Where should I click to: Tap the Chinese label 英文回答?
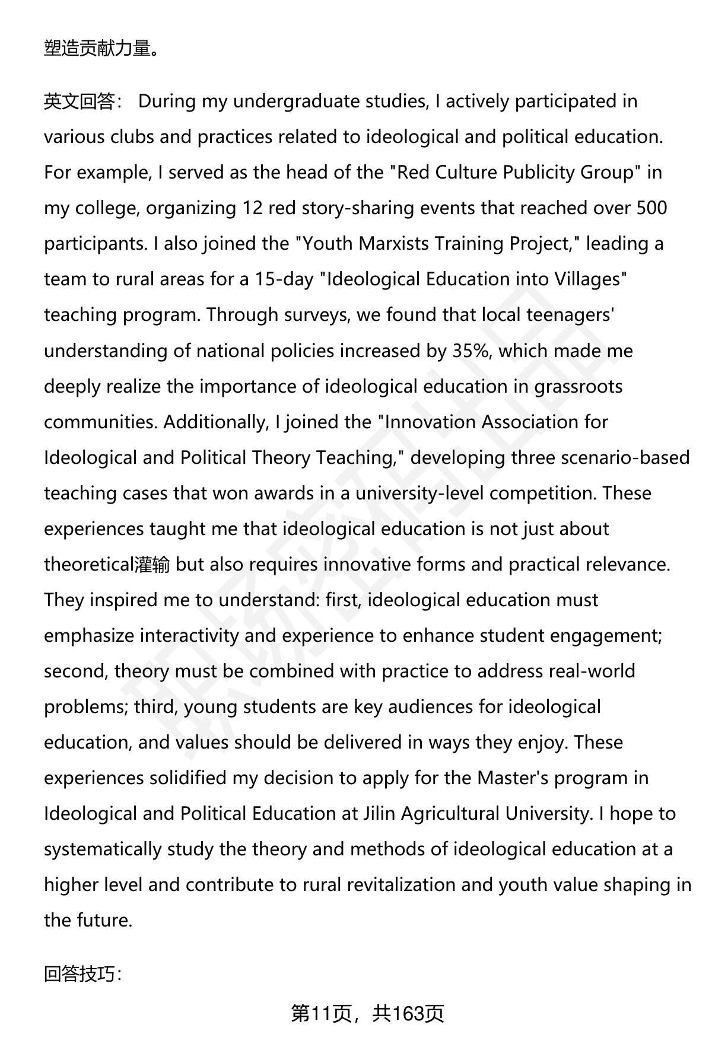tap(79, 102)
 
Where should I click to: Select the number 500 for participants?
tap(651, 208)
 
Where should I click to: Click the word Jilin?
tap(379, 814)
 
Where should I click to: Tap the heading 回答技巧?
tap(82, 974)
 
